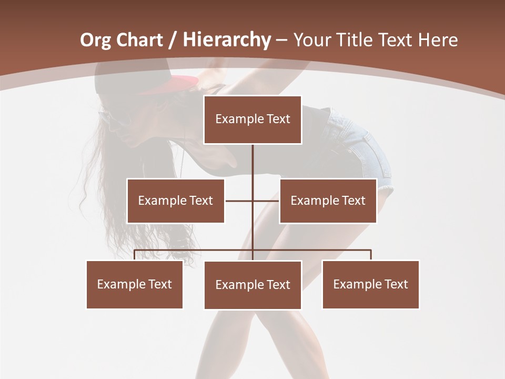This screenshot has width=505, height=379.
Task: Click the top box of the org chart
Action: tap(252, 119)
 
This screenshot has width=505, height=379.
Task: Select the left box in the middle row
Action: tap(176, 201)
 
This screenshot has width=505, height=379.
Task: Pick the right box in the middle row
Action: tap(328, 201)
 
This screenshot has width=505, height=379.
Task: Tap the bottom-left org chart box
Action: tap(135, 284)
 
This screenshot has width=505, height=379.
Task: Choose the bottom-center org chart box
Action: tap(252, 285)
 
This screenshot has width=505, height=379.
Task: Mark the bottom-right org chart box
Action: tap(371, 284)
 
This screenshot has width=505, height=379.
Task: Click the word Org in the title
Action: tap(95, 40)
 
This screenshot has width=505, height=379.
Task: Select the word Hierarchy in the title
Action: tap(227, 40)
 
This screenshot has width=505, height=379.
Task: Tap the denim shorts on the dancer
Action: tap(363, 153)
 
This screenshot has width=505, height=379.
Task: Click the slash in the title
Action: tap(175, 41)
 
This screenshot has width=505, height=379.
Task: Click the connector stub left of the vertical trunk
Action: tap(239, 201)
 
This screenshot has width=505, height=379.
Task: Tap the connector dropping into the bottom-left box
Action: tap(135, 255)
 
